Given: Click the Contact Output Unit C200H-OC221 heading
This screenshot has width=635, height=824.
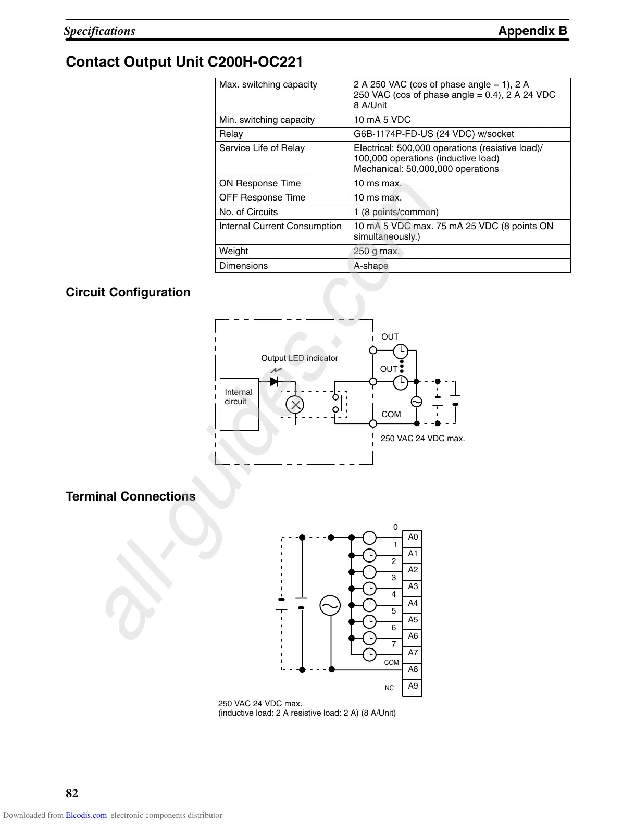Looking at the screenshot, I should coord(184,62).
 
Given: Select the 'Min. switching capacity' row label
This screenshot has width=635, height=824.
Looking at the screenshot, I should coord(267,120).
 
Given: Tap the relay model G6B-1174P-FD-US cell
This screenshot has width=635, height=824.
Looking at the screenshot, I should coord(433,134).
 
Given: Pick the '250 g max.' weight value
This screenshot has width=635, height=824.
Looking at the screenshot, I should coord(377,251).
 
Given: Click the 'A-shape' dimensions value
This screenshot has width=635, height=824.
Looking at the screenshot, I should coord(371,266).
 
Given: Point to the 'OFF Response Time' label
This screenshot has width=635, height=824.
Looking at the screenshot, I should coord(262,197).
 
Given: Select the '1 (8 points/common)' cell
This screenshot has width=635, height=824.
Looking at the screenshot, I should coord(396,212).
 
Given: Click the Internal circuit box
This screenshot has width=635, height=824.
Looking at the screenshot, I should coord(239,404).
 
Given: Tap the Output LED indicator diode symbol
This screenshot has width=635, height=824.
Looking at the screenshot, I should coord(275,381).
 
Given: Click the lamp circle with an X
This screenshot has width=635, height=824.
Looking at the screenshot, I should coord(295,405).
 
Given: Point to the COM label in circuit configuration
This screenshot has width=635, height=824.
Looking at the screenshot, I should coord(391,415).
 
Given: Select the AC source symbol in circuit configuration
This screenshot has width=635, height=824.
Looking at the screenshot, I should coord(416,402).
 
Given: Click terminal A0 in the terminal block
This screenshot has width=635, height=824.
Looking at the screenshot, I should coord(413,538).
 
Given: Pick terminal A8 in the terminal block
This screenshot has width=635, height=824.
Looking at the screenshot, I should coord(413,669).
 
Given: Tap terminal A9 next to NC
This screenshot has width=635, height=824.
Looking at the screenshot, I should coord(413,686).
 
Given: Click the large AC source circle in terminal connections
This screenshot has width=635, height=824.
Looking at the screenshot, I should coord(330,605).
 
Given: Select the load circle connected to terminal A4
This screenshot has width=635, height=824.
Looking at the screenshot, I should coord(369,604).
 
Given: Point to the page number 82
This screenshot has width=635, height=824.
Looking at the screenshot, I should coord(72,793).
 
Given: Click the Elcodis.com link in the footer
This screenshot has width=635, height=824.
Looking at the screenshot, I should coord(86,816).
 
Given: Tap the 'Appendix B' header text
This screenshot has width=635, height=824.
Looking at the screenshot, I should coord(532,31).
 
